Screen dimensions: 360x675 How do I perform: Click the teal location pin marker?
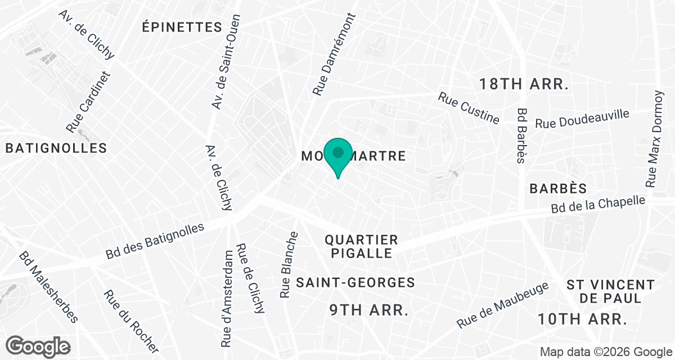[337, 155]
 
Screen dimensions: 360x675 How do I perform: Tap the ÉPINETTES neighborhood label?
[182, 26]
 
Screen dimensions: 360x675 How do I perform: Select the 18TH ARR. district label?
[524, 84]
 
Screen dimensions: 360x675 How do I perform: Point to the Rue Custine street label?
[469, 108]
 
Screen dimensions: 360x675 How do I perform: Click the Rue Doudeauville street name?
[582, 119]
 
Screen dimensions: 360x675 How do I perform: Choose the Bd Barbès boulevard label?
[521, 136]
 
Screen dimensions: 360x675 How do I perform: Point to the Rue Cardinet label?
[89, 102]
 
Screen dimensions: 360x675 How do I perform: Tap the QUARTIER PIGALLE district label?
[361, 246]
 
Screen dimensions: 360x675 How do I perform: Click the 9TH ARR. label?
[368, 309]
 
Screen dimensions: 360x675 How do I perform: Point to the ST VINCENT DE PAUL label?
[610, 291]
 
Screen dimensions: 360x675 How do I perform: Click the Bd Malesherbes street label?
[48, 287]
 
